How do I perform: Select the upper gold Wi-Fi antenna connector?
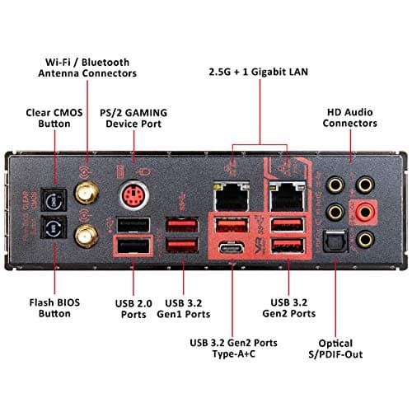click(x=84, y=194)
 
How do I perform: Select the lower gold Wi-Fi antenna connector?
click(x=84, y=238)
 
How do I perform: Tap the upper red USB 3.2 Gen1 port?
click(x=181, y=225)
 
